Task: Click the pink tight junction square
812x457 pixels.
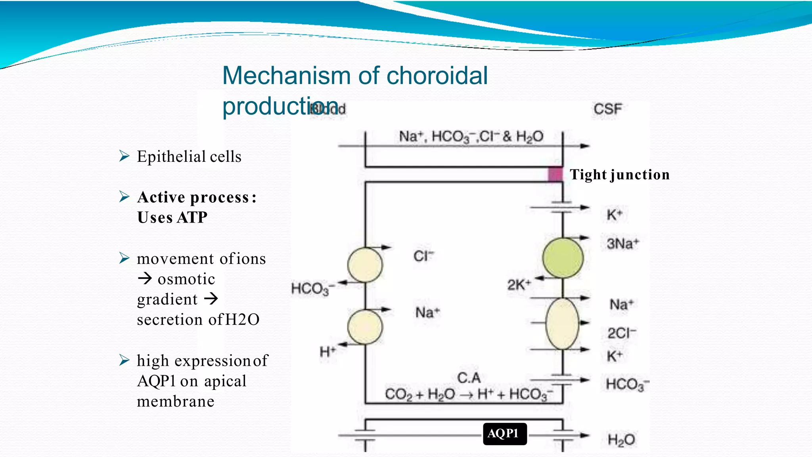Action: pyautogui.click(x=555, y=175)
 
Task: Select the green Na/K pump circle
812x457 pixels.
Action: pyautogui.click(x=563, y=258)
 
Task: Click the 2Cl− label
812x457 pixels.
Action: pyautogui.click(x=621, y=333)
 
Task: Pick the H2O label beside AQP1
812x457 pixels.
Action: pyautogui.click(x=621, y=440)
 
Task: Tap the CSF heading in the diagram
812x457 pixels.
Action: pyautogui.click(x=607, y=109)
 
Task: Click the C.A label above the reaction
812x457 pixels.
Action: pyautogui.click(x=469, y=378)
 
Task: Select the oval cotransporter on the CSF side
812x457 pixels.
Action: pyautogui.click(x=562, y=324)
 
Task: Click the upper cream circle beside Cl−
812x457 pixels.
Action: pyautogui.click(x=365, y=265)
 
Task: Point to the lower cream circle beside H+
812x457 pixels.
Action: pyautogui.click(x=365, y=327)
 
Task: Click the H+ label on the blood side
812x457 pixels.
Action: pyautogui.click(x=327, y=351)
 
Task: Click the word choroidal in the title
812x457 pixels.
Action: pyautogui.click(x=437, y=75)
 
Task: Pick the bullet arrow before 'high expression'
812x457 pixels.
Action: pyautogui.click(x=124, y=360)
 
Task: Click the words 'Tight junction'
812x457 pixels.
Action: pyautogui.click(x=619, y=175)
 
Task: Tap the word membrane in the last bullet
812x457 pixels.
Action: pyautogui.click(x=176, y=401)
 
